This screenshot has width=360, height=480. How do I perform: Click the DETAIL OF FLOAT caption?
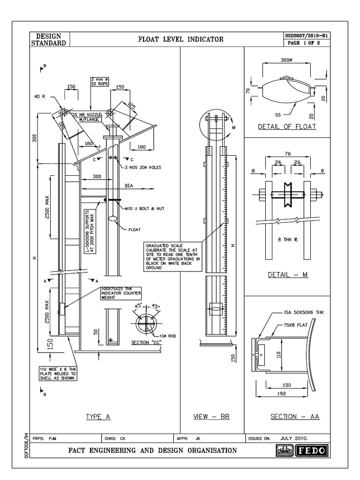click(x=287, y=127)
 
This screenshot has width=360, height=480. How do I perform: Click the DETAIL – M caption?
click(x=287, y=275)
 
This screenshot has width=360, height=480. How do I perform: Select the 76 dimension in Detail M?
click(x=287, y=153)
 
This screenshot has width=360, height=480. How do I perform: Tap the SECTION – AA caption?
click(x=295, y=417)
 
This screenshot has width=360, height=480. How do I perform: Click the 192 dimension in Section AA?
click(x=281, y=394)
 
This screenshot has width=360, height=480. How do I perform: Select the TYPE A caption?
click(x=98, y=417)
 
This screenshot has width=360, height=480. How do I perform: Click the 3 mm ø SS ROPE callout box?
click(x=99, y=82)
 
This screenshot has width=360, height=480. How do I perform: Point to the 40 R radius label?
click(x=40, y=97)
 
